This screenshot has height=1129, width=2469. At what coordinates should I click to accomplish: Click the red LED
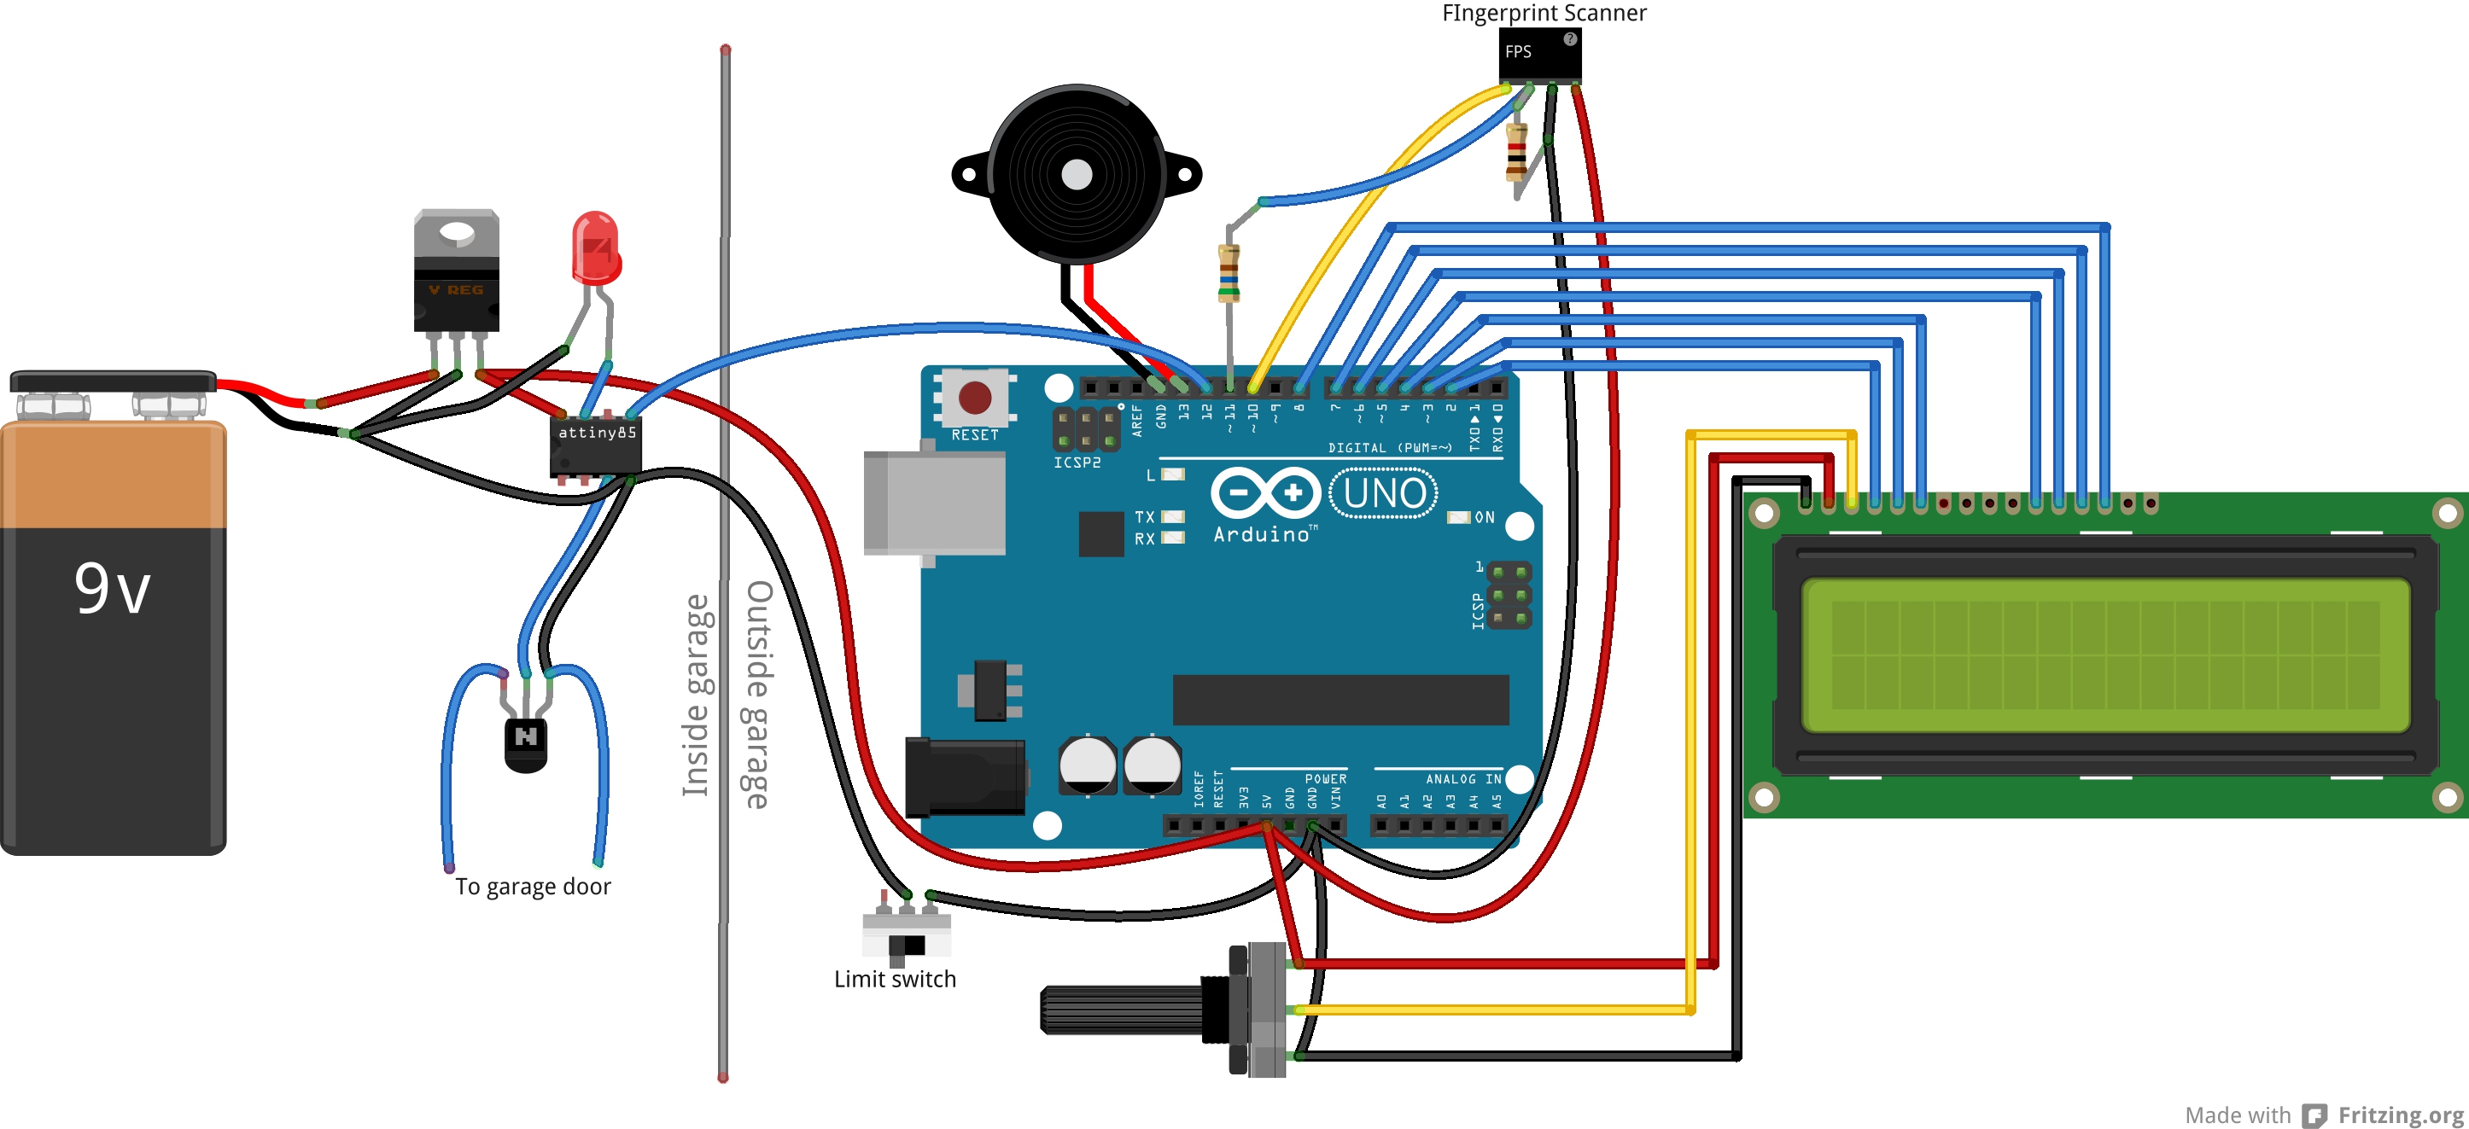(595, 248)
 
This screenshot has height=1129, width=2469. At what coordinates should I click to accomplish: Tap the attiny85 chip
(595, 445)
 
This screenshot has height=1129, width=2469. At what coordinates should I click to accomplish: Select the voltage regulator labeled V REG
(456, 273)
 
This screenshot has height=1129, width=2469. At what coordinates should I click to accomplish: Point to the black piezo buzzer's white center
(1077, 174)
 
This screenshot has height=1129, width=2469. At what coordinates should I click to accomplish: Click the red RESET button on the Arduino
(975, 397)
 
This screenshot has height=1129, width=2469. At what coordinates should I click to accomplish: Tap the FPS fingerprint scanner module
(1539, 55)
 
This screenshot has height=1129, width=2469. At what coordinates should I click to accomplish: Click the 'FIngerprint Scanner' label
(1544, 13)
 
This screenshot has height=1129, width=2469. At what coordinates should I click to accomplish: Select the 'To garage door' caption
(533, 887)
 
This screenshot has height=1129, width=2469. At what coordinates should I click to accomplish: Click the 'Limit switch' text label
(894, 979)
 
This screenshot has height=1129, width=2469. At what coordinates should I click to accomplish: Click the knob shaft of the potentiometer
(1122, 1010)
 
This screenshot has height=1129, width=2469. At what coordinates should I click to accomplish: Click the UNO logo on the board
(1383, 493)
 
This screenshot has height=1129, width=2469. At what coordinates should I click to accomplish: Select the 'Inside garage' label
(696, 695)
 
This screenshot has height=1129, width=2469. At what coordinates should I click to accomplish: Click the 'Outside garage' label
(757, 695)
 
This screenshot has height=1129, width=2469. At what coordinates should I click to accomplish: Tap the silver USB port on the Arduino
(935, 503)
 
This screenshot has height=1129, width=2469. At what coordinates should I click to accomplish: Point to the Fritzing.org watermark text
(2400, 1114)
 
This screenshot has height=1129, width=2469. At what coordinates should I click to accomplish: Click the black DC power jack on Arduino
(966, 777)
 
